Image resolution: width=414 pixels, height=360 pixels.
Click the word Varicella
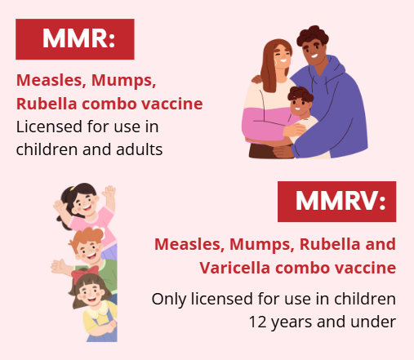pyautogui.click(x=234, y=268)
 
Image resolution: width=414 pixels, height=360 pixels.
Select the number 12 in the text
pyautogui.click(x=257, y=322)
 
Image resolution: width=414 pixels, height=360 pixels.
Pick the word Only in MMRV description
pyautogui.click(x=169, y=300)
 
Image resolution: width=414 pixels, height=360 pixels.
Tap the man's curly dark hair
pyautogui.click(x=313, y=36)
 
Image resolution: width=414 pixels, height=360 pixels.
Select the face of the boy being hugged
pyautogui.click(x=299, y=105)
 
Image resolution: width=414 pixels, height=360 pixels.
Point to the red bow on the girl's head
pyautogui.click(x=84, y=273)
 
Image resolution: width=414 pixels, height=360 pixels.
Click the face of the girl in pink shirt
pyautogui.click(x=85, y=205)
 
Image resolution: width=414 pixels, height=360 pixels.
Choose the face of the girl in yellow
pyautogui.click(x=91, y=295)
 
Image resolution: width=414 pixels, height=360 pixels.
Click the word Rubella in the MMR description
pyautogui.click(x=47, y=104)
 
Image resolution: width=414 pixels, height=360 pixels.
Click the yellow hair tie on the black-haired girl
pyautogui.click(x=73, y=188)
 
